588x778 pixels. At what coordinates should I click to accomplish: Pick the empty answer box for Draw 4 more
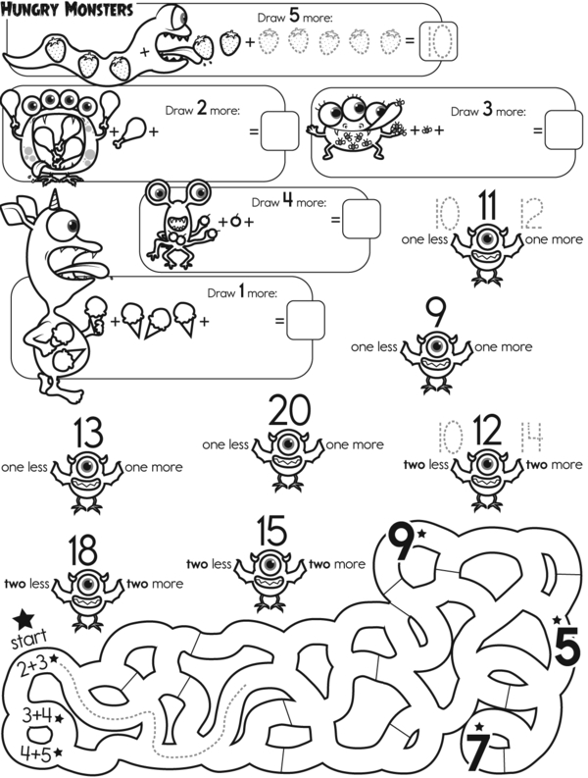pyautogui.click(x=361, y=220)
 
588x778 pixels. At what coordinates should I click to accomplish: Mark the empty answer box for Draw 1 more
pyautogui.click(x=305, y=320)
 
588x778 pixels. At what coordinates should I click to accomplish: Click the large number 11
pyautogui.click(x=487, y=207)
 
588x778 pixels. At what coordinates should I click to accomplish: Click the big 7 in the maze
pyautogui.click(x=477, y=752)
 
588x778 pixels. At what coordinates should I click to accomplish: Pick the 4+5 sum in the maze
pyautogui.click(x=35, y=753)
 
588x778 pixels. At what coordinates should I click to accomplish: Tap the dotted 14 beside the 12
pyautogui.click(x=531, y=432)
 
